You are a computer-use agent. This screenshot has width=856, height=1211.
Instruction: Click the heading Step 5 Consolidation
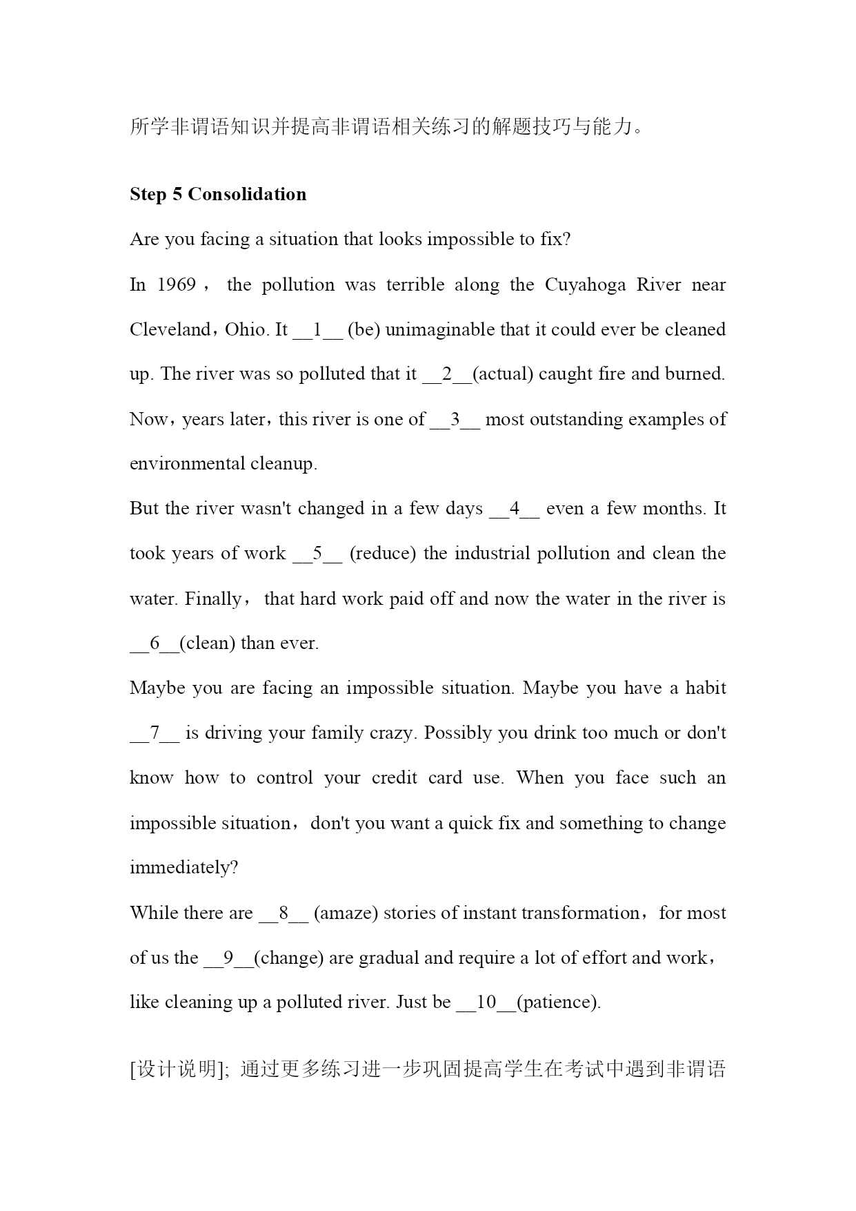point(218,195)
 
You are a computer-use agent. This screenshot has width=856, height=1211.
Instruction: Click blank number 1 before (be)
point(317,329)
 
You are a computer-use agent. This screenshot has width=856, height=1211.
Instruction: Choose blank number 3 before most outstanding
point(455,419)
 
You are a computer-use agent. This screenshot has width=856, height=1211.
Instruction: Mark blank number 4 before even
point(514,509)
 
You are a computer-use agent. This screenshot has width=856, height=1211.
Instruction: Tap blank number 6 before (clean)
point(155,643)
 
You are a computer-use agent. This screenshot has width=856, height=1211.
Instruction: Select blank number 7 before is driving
point(155,733)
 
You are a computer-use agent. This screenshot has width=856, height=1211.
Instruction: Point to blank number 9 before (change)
point(228,958)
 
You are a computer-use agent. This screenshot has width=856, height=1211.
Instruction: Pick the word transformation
point(580,913)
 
